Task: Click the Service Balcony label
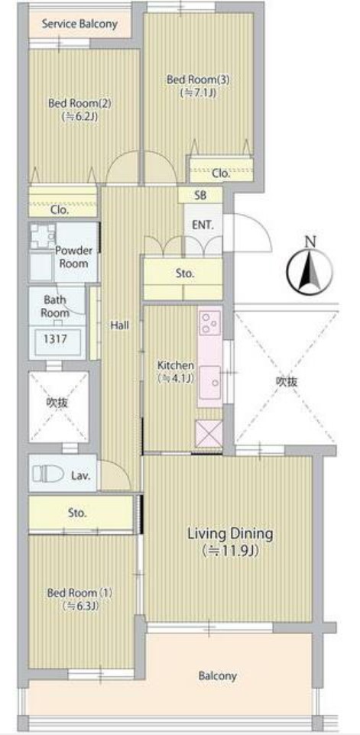[79, 24]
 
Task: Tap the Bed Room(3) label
[198, 79]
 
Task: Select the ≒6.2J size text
[79, 116]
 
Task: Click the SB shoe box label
[200, 196]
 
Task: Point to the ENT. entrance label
[203, 225]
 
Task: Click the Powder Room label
[74, 257]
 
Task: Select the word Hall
[120, 325]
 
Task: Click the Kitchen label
[175, 364]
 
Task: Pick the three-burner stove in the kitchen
[209, 322]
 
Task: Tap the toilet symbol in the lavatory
[48, 475]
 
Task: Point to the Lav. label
[80, 475]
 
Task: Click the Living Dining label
[230, 533]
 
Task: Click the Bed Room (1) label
[79, 592]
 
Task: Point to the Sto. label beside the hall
[185, 274]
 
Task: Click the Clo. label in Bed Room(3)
[221, 173]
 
